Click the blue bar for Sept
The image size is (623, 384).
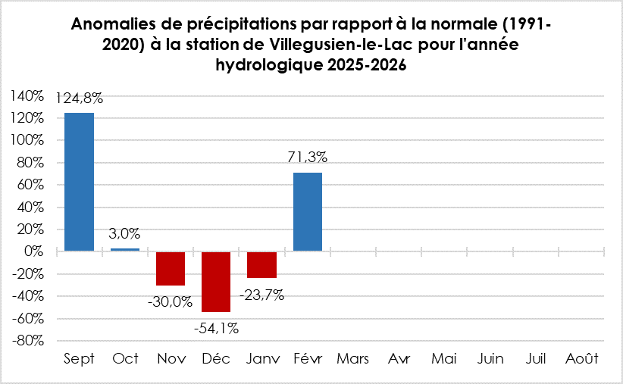pyautogui.click(x=79, y=182)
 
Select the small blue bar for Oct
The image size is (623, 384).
pyautogui.click(x=125, y=249)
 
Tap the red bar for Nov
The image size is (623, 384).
pyautogui.click(x=171, y=268)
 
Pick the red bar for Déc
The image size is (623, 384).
pyautogui.click(x=216, y=281)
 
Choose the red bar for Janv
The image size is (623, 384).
pyautogui.click(x=261, y=264)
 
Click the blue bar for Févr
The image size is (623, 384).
pyautogui.click(x=307, y=211)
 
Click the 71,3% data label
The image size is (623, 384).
pyautogui.click(x=307, y=158)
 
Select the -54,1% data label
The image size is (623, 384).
pyautogui.click(x=216, y=328)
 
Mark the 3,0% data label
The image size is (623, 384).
pyautogui.click(x=125, y=234)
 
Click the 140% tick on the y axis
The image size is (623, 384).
pyautogui.click(x=27, y=95)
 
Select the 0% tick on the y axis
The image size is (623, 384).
pyautogui.click(x=36, y=251)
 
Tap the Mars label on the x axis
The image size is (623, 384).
pyautogui.click(x=352, y=359)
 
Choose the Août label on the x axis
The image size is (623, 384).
pyautogui.click(x=581, y=359)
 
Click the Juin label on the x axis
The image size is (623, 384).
pyautogui.click(x=490, y=359)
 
